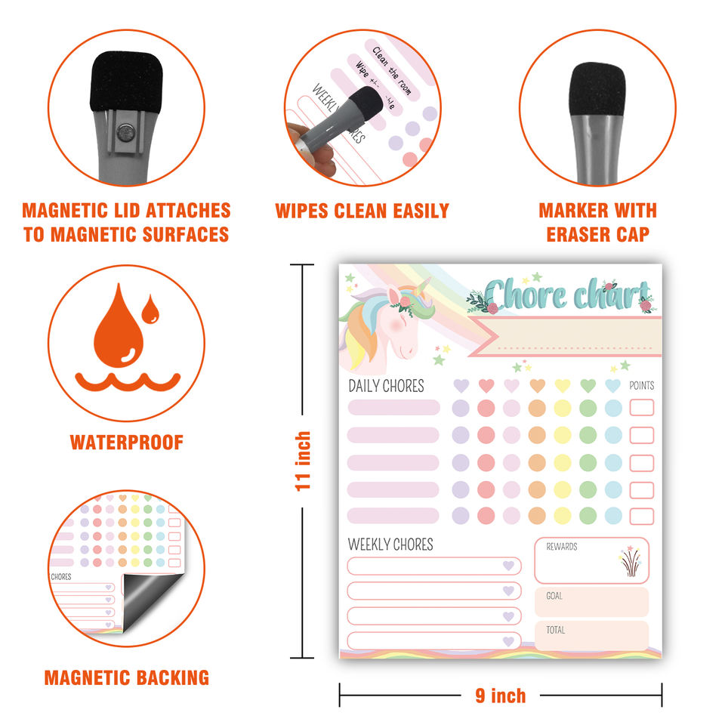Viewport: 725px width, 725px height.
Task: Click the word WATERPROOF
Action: click(x=127, y=443)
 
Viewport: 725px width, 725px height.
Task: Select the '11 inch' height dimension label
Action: click(x=303, y=461)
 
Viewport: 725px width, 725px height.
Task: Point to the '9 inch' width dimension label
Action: click(x=500, y=696)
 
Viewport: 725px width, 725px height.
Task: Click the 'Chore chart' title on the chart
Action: click(x=566, y=295)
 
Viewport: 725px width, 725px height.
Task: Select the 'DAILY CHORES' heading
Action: click(x=386, y=386)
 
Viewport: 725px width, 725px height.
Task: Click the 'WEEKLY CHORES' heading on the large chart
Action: click(x=390, y=545)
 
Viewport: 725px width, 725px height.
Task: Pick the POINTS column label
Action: click(x=641, y=386)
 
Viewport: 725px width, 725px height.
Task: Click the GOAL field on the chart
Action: click(x=591, y=602)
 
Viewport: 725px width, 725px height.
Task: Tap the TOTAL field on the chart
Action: click(x=591, y=635)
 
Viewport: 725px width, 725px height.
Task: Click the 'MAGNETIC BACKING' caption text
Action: click(x=127, y=677)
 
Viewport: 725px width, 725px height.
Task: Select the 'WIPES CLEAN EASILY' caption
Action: click(x=362, y=211)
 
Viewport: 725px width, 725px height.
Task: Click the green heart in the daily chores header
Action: click(x=588, y=386)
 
